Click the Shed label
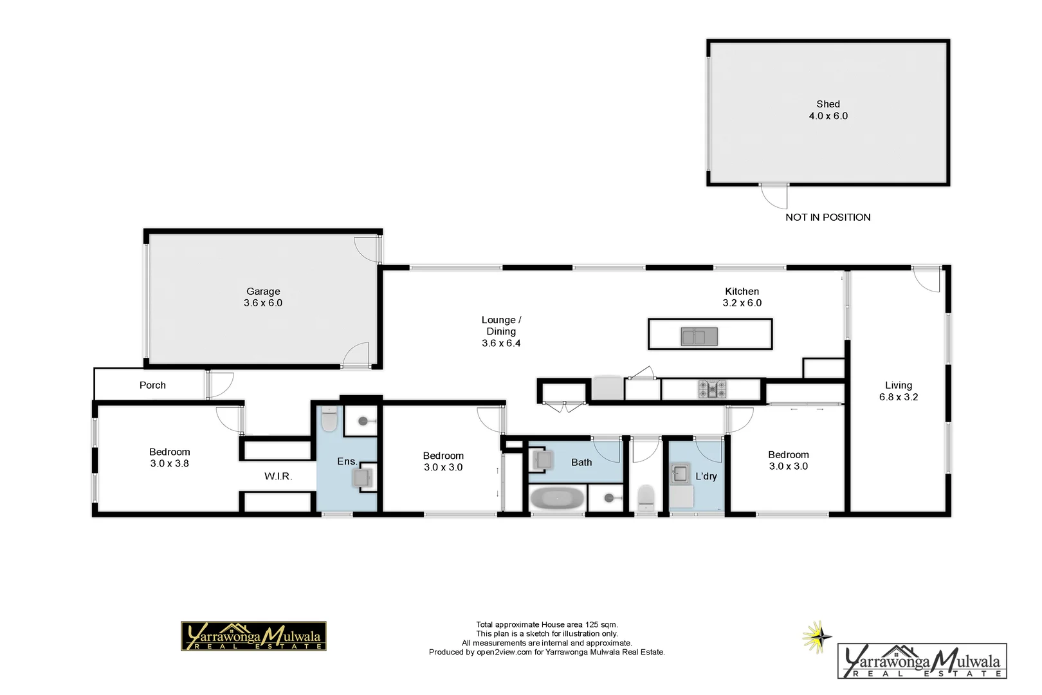[x=828, y=104]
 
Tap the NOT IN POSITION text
[x=828, y=218]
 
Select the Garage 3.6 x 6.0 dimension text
[x=262, y=303]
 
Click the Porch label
[x=152, y=385]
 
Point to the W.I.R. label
[x=278, y=476]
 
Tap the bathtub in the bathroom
[x=557, y=499]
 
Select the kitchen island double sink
[x=699, y=336]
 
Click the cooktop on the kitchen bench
[x=713, y=389]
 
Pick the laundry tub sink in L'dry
[x=679, y=474]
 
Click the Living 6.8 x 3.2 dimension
[x=899, y=397]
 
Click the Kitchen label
[x=742, y=292]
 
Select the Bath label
[x=581, y=462]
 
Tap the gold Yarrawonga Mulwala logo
[x=253, y=636]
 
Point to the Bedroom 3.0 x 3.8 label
[x=169, y=458]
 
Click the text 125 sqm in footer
[x=601, y=624]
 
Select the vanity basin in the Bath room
[x=542, y=460]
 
